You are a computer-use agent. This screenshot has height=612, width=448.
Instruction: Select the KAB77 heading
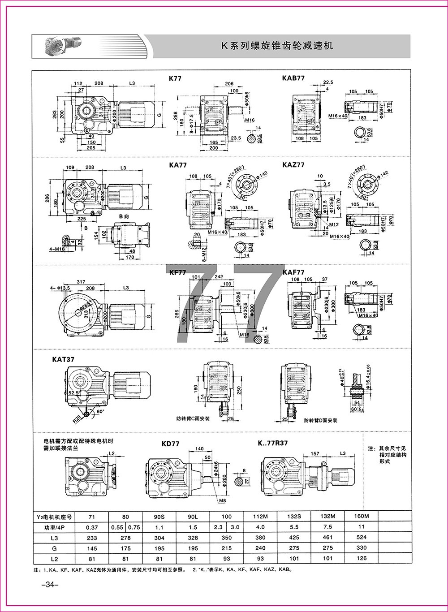(293, 78)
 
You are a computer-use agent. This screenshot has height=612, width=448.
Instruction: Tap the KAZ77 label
(293, 164)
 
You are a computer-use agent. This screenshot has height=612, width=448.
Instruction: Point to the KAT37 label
(64, 359)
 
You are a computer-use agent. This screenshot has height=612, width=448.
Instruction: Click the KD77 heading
(170, 444)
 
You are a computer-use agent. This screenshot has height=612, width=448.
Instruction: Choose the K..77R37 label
(273, 443)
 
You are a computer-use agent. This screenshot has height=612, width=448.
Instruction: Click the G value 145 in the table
(92, 548)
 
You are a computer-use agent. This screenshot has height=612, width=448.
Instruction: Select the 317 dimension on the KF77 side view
(81, 281)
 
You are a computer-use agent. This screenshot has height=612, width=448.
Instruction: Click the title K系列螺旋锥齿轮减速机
(278, 46)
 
